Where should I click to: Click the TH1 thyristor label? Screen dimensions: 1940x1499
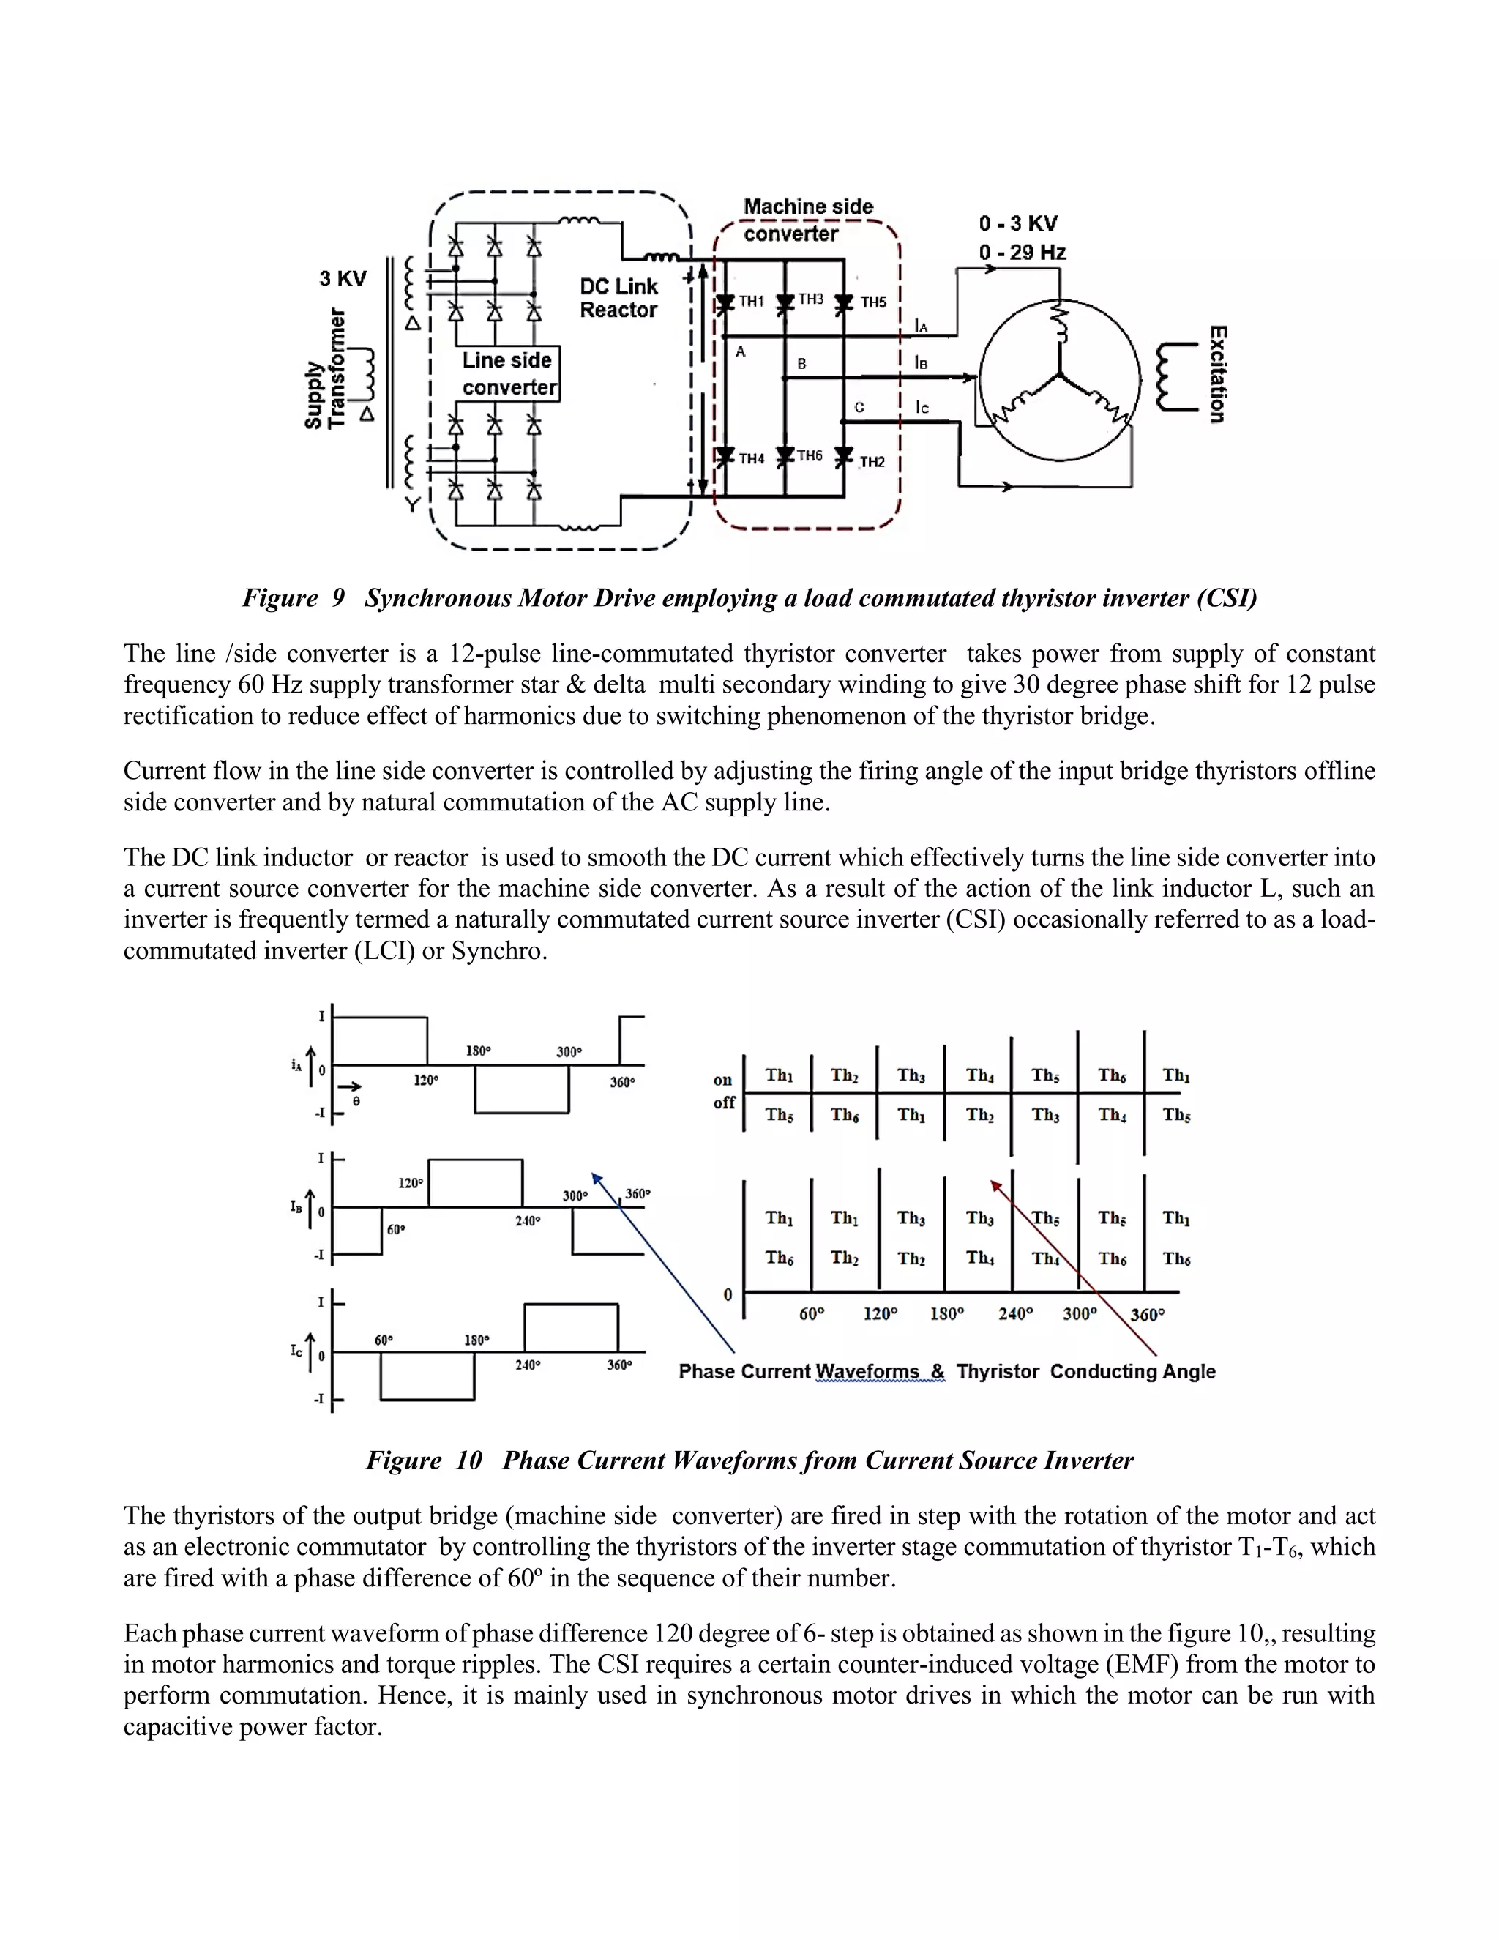[x=751, y=302]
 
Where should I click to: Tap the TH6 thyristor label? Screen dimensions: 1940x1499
[x=809, y=455]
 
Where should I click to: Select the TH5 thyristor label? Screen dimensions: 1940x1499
[x=873, y=303]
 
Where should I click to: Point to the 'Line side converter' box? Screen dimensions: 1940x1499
[x=509, y=374]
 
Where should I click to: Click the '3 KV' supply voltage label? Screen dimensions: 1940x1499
[x=343, y=279]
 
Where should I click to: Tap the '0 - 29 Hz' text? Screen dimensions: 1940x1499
[x=1022, y=253]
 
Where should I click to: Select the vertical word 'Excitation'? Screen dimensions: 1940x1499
[x=1217, y=374]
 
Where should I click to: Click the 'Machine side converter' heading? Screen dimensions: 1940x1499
[x=807, y=220]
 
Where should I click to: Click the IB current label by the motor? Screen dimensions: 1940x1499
[x=921, y=362]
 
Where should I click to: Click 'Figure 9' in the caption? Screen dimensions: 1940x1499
[x=293, y=599]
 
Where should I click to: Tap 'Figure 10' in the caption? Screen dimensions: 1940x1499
[x=424, y=1460]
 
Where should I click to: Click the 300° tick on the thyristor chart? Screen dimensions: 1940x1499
[x=1080, y=1315]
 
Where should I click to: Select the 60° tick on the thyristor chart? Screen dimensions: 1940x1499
[x=812, y=1315]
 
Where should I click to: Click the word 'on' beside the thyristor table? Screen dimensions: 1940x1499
[x=723, y=1080]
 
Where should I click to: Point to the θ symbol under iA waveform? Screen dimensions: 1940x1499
[x=356, y=1102]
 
